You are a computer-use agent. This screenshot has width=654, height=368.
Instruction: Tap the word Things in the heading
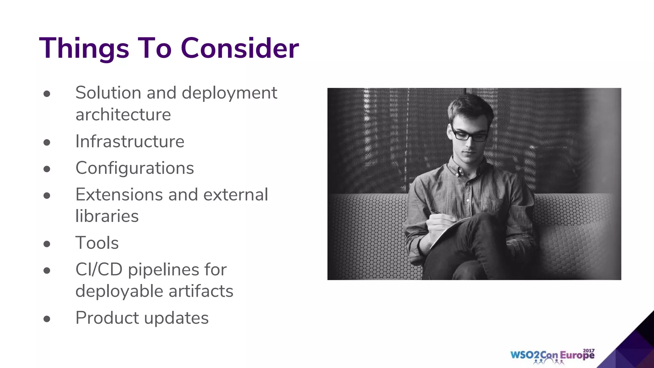[x=84, y=49]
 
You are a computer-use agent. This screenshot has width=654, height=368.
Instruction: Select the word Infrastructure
[x=130, y=142]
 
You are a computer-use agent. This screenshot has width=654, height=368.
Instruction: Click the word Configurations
[x=134, y=168]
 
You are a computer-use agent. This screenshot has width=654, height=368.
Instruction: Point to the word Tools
[x=97, y=243]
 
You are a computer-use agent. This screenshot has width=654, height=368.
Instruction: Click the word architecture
[x=123, y=115]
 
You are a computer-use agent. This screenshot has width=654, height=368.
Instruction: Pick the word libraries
[x=107, y=216]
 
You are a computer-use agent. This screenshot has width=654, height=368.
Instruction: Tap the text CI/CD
[x=99, y=270]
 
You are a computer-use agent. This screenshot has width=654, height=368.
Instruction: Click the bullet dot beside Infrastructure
[x=47, y=142]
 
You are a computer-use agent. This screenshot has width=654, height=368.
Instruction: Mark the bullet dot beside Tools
[x=47, y=244]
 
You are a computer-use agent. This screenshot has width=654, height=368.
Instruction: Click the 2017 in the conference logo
[x=589, y=350]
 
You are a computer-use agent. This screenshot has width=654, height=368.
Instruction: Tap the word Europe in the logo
[x=577, y=355]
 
